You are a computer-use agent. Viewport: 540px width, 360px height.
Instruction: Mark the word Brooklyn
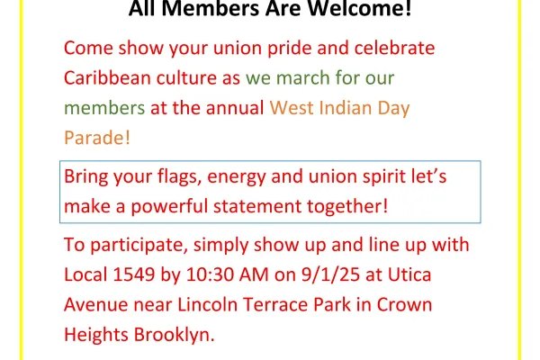click(175, 335)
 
